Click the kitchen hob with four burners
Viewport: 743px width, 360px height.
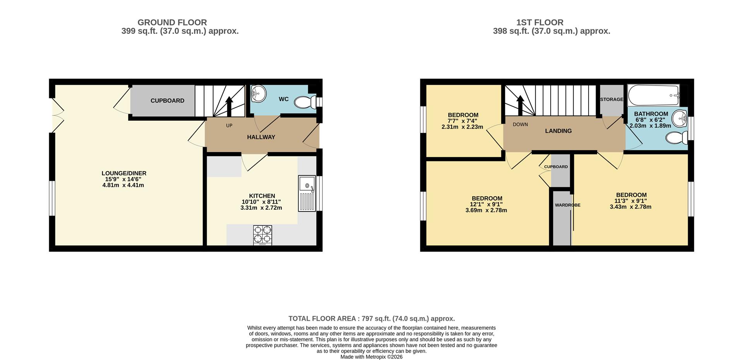click(262, 235)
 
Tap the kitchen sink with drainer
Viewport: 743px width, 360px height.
click(307, 194)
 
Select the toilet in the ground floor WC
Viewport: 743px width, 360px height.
click(305, 102)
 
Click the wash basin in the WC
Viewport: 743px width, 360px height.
click(258, 93)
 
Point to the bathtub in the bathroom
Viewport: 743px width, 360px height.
click(654, 95)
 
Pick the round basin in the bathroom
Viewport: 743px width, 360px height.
click(679, 118)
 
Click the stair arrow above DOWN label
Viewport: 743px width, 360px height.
click(520, 105)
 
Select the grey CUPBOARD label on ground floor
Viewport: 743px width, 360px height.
click(167, 101)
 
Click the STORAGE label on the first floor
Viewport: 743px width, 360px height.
click(611, 99)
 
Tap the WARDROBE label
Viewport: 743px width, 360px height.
click(567, 205)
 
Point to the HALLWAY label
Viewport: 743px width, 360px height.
click(261, 137)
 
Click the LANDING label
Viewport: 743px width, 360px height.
click(558, 131)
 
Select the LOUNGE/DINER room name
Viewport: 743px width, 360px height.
click(124, 173)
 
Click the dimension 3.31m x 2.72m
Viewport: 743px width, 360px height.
click(261, 208)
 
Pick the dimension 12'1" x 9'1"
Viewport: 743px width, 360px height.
click(486, 204)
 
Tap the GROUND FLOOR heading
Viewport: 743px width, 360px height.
click(172, 22)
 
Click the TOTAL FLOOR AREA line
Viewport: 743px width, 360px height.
click(371, 319)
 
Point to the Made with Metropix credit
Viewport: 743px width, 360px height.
click(371, 357)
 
